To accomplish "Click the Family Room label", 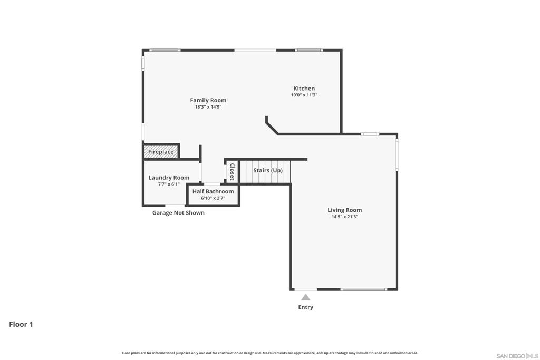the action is tap(208, 100).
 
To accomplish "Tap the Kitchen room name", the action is tap(304, 89).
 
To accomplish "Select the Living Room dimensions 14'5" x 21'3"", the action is tap(345, 217).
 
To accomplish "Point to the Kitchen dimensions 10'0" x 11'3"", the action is tap(304, 95).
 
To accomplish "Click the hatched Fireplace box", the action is tap(161, 152).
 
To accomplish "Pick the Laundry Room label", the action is tap(169, 178).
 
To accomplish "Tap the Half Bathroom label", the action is tap(213, 191).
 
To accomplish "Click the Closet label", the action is tap(232, 172).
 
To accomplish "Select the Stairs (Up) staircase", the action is tap(265, 171).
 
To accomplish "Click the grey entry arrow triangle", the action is tap(305, 297).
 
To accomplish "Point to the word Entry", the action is tap(305, 307).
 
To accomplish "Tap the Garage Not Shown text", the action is tap(178, 213).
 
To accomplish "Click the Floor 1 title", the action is tap(21, 324).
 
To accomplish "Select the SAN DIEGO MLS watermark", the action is tap(517, 356).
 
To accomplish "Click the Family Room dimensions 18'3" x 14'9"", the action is tap(208, 107).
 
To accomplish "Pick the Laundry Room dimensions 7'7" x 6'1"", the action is tap(169, 184).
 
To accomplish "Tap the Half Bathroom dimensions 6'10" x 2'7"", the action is tap(213, 198).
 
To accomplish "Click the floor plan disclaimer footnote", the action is tap(269, 353).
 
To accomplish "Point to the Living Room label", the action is tap(345, 210).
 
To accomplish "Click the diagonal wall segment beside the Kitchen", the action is tap(272, 129).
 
